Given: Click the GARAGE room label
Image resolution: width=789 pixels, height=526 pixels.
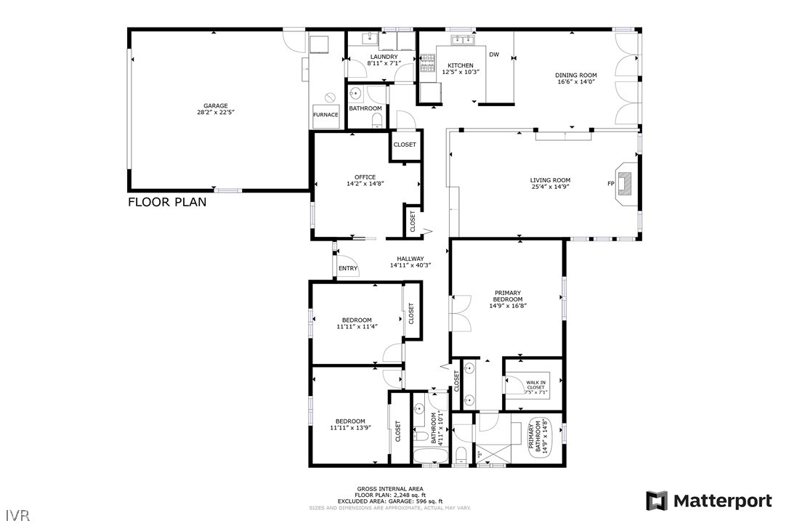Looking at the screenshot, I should [215, 105].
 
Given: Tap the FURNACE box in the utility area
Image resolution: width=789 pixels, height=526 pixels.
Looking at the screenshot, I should [325, 116].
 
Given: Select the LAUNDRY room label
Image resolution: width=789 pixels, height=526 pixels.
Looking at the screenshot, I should [384, 57].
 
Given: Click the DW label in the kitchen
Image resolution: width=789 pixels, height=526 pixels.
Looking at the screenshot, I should [494, 54].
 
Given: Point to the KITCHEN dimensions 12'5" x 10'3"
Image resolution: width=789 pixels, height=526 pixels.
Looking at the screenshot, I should [461, 72].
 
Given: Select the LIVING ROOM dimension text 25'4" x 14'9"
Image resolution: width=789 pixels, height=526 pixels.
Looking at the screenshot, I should [549, 187].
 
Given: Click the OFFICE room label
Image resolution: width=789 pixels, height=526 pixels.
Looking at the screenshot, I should [365, 177].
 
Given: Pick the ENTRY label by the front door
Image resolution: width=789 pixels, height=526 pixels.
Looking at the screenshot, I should [348, 269].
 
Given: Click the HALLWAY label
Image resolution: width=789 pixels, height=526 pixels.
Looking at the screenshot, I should [410, 259].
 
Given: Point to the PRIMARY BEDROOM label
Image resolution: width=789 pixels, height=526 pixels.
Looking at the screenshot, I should [507, 296].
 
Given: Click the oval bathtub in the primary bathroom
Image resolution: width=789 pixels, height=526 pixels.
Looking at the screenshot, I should [538, 438].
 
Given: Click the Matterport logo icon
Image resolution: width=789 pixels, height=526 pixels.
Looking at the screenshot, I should [657, 501].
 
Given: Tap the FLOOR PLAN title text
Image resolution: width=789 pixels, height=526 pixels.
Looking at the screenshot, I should [167, 202].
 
